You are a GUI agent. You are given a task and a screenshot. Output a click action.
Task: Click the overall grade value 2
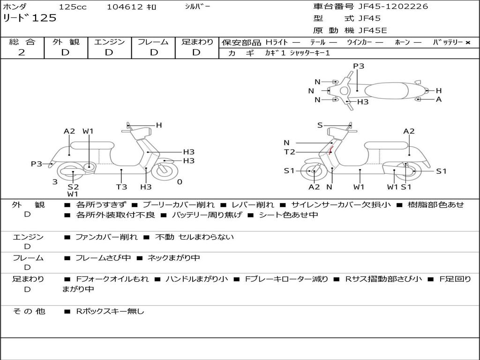point(22,52)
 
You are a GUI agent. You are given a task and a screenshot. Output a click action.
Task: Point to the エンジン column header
point(109,42)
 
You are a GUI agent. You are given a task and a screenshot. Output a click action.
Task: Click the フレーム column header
point(153,42)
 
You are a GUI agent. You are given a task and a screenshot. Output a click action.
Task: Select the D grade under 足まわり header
point(197,52)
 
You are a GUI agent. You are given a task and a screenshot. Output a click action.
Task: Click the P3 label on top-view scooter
point(359,66)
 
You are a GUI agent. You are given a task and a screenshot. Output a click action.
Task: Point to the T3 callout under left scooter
point(121,187)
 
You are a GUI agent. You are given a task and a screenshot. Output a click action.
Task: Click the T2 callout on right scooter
point(289,151)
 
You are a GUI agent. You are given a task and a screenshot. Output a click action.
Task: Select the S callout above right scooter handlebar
point(320,125)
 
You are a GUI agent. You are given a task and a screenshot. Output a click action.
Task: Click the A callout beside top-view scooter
point(439,99)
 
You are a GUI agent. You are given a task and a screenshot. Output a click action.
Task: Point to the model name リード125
point(30,18)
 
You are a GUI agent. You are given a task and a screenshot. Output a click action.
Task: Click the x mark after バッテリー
point(467,42)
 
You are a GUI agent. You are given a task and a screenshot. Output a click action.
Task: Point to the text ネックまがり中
point(173,258)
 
